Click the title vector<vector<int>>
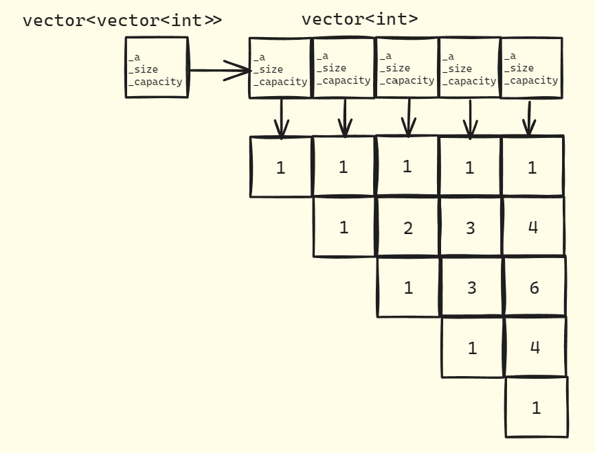pos(122,20)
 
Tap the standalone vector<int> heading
pos(359,19)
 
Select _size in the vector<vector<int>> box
pos(144,69)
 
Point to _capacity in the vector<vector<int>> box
pos(156,82)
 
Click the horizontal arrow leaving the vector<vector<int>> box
pos(218,69)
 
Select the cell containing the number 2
pos(408,228)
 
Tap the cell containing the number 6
pos(534,288)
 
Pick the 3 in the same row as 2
pos(470,228)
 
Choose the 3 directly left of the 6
pos(471,288)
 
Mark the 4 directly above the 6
pos(533,227)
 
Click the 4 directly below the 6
pos(535,347)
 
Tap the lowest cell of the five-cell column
pos(536,408)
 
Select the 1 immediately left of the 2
pos(344,227)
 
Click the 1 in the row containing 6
pos(408,288)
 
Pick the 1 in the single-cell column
pos(280,167)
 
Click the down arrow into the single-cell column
pos(280,117)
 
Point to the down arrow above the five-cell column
pos(529,117)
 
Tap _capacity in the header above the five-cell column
pos(532,80)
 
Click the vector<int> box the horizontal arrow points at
pos(280,67)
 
